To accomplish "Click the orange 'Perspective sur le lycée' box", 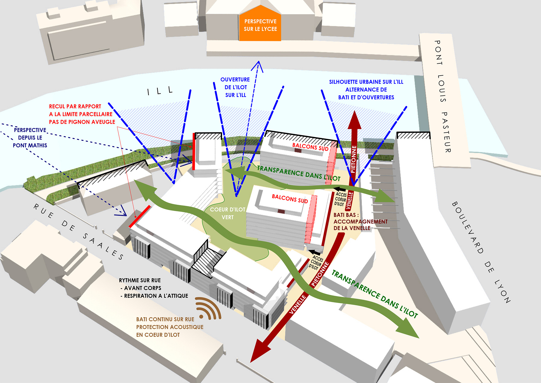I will (x=260, y=25).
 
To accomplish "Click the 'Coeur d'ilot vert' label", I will (x=227, y=213).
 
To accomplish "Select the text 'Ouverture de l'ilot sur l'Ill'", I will (x=235, y=87).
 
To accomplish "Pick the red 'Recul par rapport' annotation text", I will (x=75, y=106).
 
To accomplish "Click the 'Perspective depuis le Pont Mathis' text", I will (x=30, y=138).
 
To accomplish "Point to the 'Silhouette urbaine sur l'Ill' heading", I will (x=366, y=82).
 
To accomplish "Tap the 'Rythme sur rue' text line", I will (x=140, y=280).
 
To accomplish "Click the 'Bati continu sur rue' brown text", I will (x=165, y=319).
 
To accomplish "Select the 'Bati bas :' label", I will (x=346, y=215).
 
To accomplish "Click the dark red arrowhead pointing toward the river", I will (x=354, y=121).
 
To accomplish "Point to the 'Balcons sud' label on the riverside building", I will (x=310, y=147).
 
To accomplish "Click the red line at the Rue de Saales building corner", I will (x=140, y=216).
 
